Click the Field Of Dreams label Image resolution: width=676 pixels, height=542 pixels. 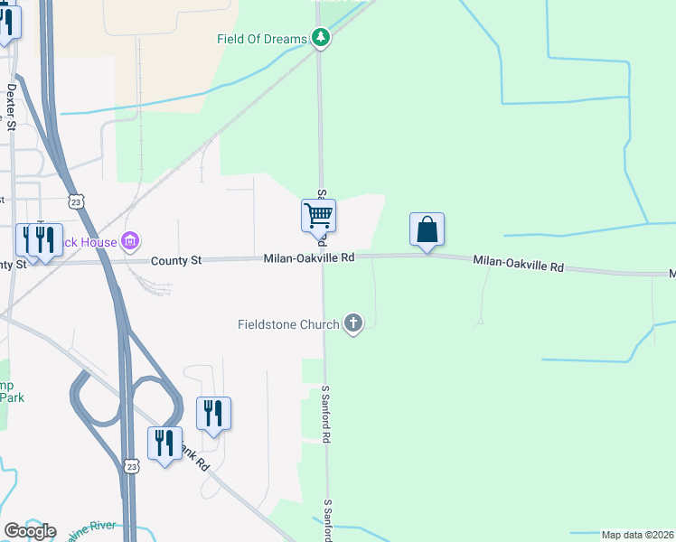[x=262, y=39]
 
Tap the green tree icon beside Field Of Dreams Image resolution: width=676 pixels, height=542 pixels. [x=320, y=37]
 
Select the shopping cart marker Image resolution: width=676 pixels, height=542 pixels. [x=318, y=217]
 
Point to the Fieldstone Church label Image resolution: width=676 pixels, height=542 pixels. [x=288, y=324]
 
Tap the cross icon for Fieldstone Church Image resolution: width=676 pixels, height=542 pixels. [x=352, y=323]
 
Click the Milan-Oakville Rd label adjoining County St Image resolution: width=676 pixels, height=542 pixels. [x=309, y=258]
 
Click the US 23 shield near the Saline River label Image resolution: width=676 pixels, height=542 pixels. [x=132, y=466]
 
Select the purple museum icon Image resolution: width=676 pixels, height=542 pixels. [x=130, y=241]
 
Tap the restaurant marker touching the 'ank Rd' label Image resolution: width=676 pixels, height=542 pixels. [x=164, y=444]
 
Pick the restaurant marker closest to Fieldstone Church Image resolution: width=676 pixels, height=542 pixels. [x=213, y=414]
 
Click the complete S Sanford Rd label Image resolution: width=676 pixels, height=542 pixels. [x=327, y=414]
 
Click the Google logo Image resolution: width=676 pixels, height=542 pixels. [x=30, y=531]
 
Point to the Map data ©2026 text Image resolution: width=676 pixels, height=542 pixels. [x=637, y=535]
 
